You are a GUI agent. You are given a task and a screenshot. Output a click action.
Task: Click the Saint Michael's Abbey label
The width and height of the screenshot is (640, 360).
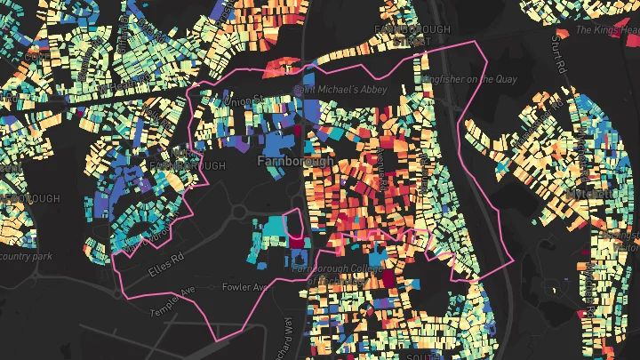click(x=328, y=90)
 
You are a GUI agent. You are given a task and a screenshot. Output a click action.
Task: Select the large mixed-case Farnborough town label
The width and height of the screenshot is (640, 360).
click(x=294, y=162)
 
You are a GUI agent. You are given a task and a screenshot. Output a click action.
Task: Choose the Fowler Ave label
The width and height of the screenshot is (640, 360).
click(x=244, y=287)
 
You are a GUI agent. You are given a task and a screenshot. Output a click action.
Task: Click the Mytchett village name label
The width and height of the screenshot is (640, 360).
click(x=591, y=193)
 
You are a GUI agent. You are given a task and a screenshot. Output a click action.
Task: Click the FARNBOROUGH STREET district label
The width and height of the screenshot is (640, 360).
click(x=404, y=35)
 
